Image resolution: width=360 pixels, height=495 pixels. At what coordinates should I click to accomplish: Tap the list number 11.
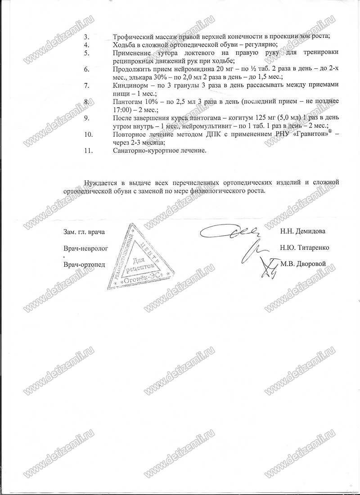(x=88, y=151)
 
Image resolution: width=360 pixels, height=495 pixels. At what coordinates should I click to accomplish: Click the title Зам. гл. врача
(x=84, y=232)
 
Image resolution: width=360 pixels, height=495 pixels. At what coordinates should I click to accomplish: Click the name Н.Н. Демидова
(x=302, y=231)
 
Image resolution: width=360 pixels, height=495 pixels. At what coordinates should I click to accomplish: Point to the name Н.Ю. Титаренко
(x=304, y=247)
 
